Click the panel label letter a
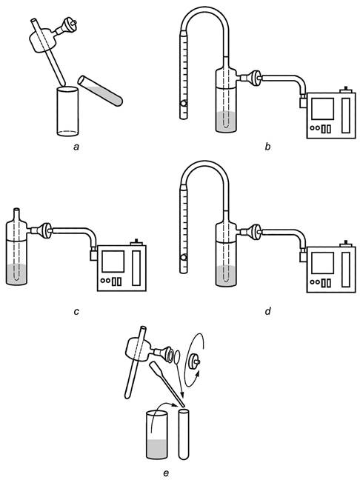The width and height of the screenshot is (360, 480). click(x=76, y=147)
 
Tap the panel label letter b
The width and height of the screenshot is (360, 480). click(x=268, y=147)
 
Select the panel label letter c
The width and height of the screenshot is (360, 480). click(x=76, y=312)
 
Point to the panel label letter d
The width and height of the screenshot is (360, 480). click(x=268, y=311)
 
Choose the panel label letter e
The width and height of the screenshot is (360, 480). click(x=166, y=473)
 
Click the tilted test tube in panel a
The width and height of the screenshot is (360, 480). click(x=100, y=90)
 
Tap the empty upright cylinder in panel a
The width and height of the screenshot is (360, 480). click(x=67, y=111)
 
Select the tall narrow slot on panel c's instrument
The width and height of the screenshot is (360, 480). click(x=136, y=268)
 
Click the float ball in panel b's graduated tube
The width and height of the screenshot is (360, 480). click(x=184, y=104)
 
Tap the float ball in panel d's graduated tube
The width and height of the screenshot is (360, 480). click(x=184, y=258)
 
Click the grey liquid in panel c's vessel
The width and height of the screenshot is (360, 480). click(x=16, y=275)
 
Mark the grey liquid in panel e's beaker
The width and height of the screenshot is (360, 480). click(x=156, y=449)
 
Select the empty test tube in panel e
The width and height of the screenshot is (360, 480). click(x=184, y=435)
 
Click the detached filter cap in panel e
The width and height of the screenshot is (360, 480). click(x=194, y=361)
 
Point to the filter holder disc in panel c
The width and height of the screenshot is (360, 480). click(x=47, y=230)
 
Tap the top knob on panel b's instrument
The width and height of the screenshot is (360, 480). click(x=346, y=89)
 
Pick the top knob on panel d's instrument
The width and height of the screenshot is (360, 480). click(x=346, y=243)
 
